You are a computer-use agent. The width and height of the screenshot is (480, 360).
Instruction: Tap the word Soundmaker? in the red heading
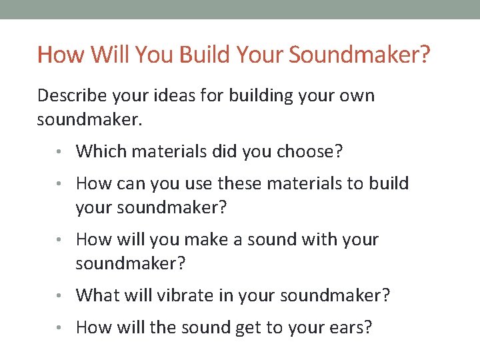[x=360, y=54]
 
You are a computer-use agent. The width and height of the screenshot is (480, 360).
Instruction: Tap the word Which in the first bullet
[x=97, y=151]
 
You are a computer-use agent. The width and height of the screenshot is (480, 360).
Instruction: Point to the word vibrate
[x=183, y=295]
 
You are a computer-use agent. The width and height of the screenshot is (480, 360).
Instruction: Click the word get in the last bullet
[x=250, y=327]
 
